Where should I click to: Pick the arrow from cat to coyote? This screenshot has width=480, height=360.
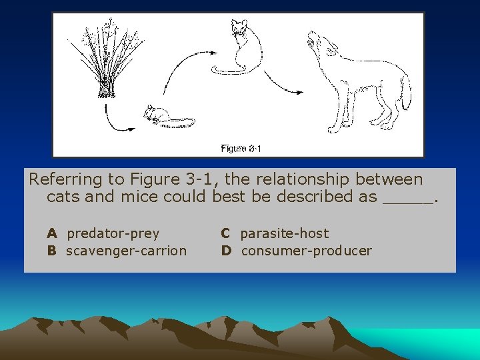(x=280, y=80)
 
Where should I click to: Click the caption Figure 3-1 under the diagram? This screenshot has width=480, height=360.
(x=240, y=148)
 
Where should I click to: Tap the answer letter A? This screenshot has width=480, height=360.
(x=51, y=233)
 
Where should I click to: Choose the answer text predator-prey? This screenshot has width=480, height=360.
(x=113, y=233)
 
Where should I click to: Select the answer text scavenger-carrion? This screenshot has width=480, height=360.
(x=126, y=251)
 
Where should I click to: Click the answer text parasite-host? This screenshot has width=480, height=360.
(x=284, y=233)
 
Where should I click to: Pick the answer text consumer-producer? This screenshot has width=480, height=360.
(x=306, y=251)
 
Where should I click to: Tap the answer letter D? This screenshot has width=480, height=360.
(x=227, y=251)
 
